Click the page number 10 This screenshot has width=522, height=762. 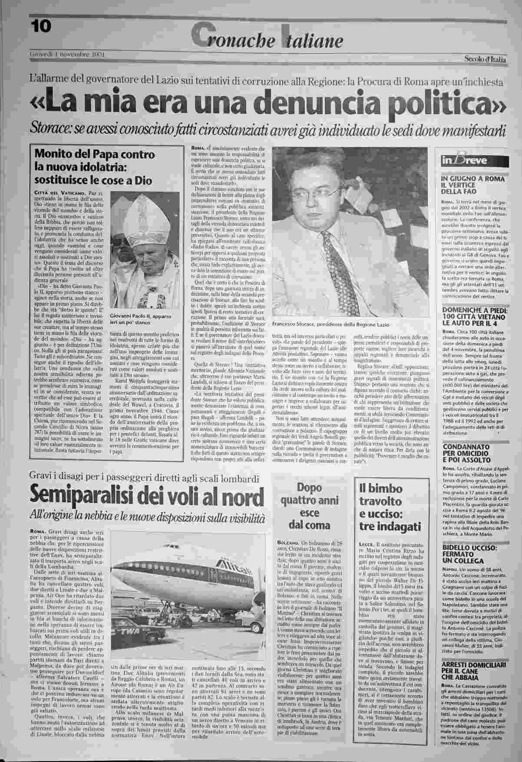[x=41, y=27]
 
